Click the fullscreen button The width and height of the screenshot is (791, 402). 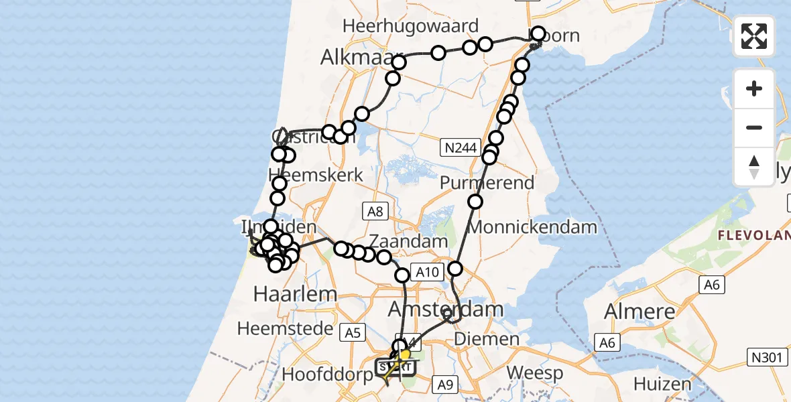click(x=754, y=36)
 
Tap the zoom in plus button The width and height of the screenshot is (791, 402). click(x=754, y=88)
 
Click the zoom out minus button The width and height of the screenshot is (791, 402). click(x=754, y=127)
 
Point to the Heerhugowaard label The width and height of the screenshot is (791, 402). click(x=410, y=26)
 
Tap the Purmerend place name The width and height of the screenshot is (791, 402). click(x=487, y=182)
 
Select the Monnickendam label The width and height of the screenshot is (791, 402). click(x=533, y=226)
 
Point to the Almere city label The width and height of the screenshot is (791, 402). click(x=640, y=312)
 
